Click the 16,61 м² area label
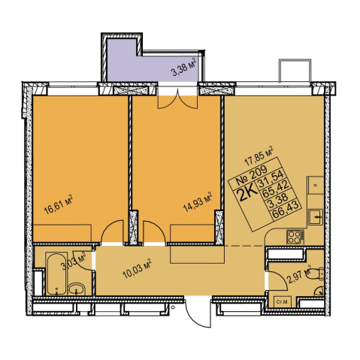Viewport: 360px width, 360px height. [x=59, y=204]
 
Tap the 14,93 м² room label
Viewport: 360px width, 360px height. [x=198, y=202]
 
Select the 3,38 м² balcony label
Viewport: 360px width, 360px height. [x=183, y=68]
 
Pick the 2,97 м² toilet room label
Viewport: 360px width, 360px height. [x=300, y=274]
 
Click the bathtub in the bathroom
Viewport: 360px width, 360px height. [x=56, y=274]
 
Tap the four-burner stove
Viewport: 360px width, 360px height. [x=295, y=237]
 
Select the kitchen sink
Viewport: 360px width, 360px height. [x=315, y=217]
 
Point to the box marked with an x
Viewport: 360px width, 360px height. [x=315, y=185]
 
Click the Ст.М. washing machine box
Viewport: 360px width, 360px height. [x=283, y=302]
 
